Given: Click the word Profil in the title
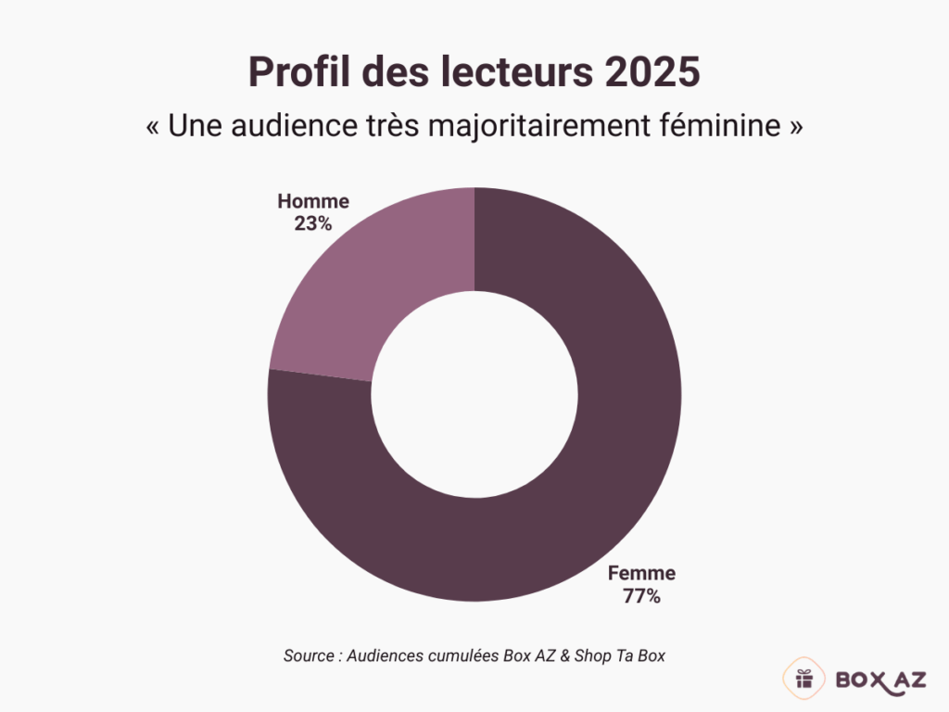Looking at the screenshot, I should click(x=298, y=72).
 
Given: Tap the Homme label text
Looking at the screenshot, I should click(x=313, y=201).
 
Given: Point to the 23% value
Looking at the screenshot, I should click(x=313, y=223).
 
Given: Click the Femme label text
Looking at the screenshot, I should click(x=641, y=573).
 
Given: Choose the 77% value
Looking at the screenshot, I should click(x=641, y=596).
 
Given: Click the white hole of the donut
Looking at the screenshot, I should click(x=474, y=394).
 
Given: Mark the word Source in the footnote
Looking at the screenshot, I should click(x=309, y=655).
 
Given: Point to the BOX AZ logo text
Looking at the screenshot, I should click(x=879, y=680).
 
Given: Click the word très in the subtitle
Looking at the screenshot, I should click(x=397, y=127).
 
